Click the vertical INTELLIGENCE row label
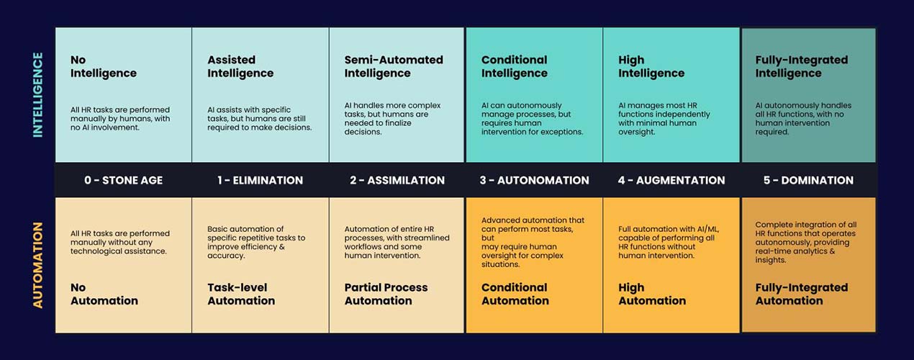[38, 95]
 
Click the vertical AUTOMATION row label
[38, 265]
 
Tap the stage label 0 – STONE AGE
[123, 181]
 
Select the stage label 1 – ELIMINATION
[260, 181]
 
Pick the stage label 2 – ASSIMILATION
[397, 181]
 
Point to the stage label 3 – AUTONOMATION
[534, 181]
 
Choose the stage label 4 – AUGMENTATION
[671, 181]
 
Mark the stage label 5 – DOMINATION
[808, 181]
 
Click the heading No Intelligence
[103, 66]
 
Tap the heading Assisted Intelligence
[240, 66]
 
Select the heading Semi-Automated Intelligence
[394, 66]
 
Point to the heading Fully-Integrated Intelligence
[802, 66]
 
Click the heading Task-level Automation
[241, 294]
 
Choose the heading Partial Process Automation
[386, 294]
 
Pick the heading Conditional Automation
[515, 294]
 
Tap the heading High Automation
[651, 294]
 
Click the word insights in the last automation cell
[769, 261]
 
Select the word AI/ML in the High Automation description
[705, 229]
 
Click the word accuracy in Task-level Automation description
[226, 256]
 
